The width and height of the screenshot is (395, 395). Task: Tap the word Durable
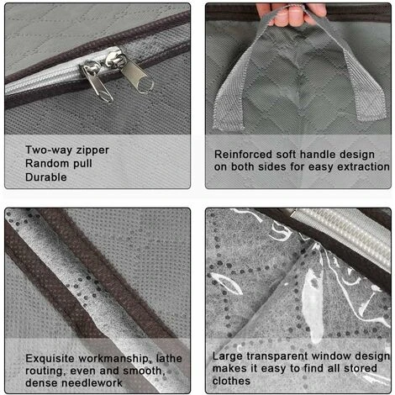46,177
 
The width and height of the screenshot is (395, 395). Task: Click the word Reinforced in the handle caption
243,155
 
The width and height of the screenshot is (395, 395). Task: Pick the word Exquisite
50,359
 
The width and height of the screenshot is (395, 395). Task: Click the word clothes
231,381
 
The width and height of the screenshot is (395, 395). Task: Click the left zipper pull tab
98,83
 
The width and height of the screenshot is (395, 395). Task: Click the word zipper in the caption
92,150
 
